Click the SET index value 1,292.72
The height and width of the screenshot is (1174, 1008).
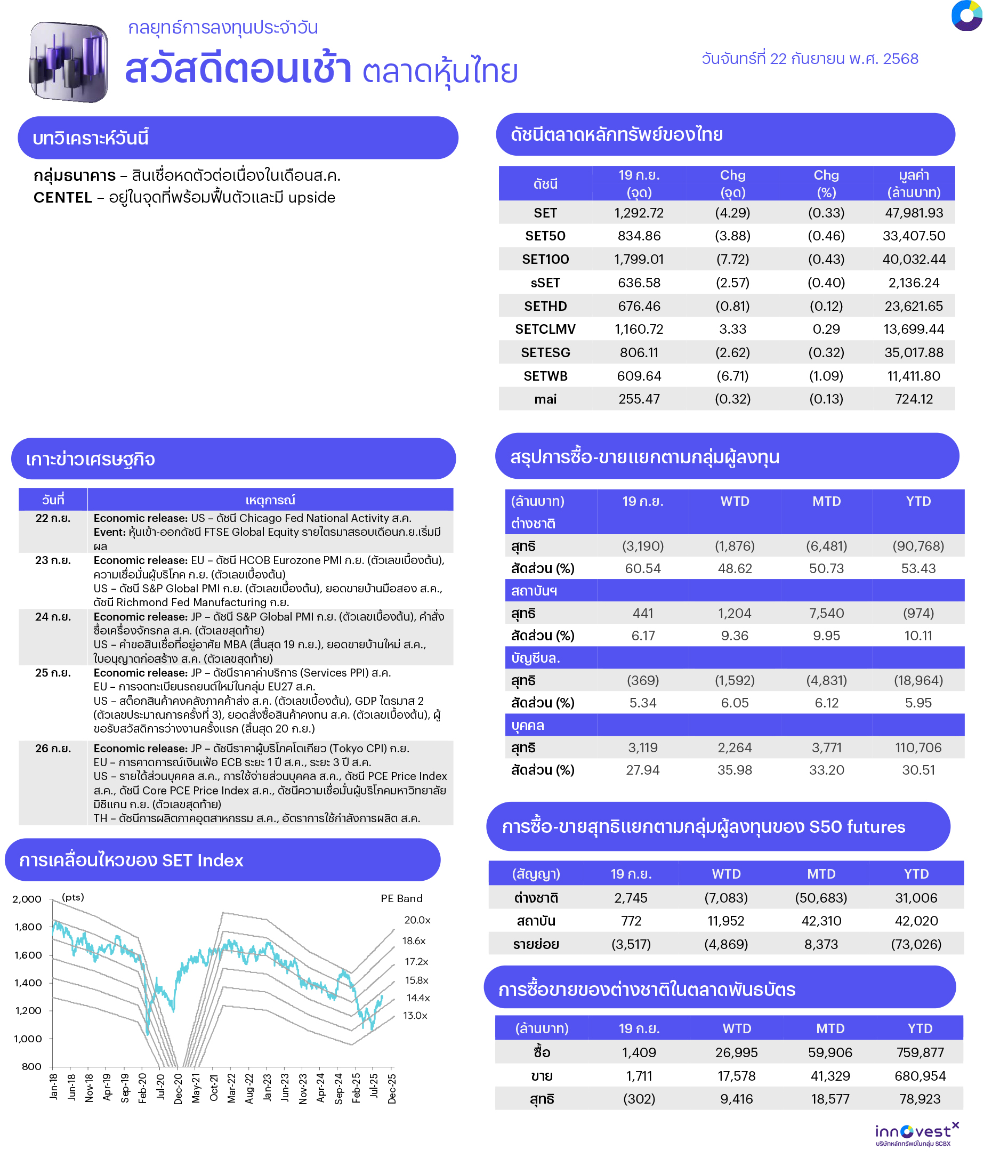click(639, 213)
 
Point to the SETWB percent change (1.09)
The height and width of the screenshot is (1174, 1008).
click(826, 376)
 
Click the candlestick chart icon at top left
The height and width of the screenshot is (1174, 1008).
click(69, 62)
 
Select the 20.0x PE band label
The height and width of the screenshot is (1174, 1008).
click(417, 920)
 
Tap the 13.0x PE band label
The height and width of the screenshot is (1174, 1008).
click(415, 1016)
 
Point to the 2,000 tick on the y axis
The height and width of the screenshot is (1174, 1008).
click(27, 900)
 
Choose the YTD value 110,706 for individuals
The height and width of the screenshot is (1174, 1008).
click(918, 748)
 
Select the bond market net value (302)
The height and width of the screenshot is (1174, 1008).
click(639, 1099)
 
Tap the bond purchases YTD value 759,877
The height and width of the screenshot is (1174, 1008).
click(920, 1053)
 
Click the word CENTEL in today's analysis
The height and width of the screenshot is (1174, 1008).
click(62, 198)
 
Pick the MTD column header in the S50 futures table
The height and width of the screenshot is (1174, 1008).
click(820, 874)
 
